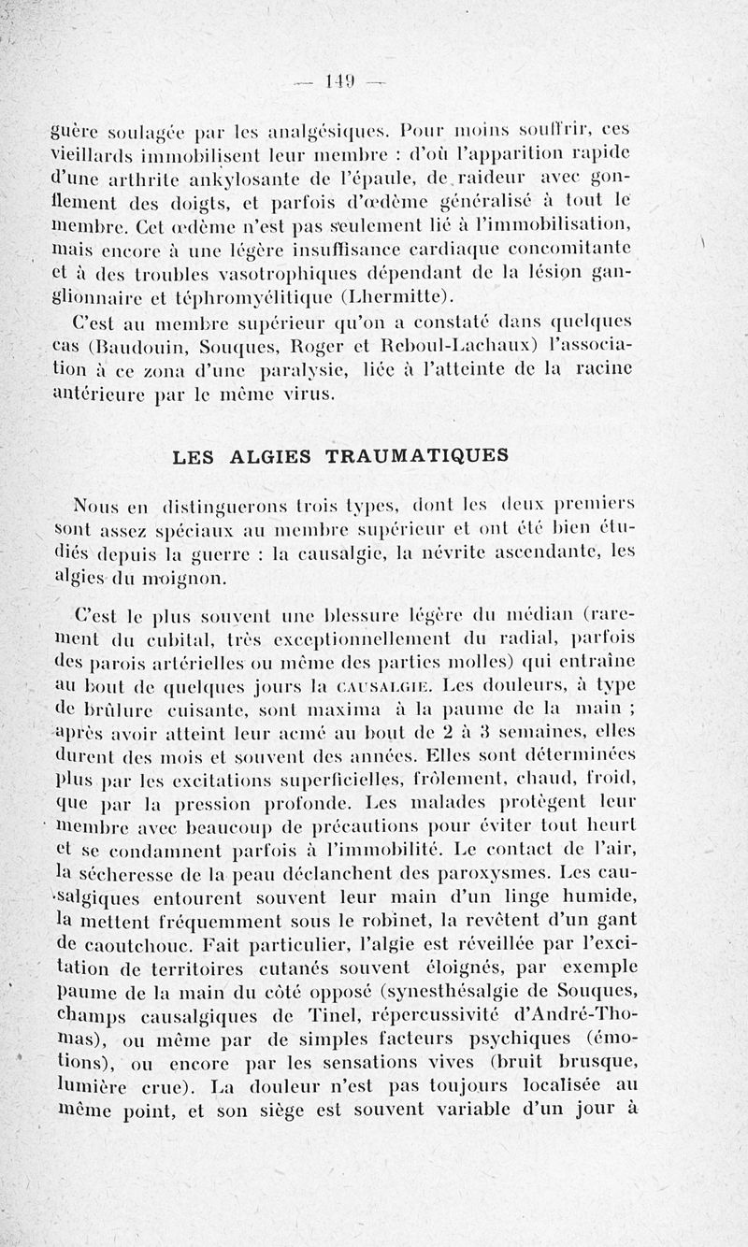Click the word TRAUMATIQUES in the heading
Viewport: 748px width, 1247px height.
click(416, 456)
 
